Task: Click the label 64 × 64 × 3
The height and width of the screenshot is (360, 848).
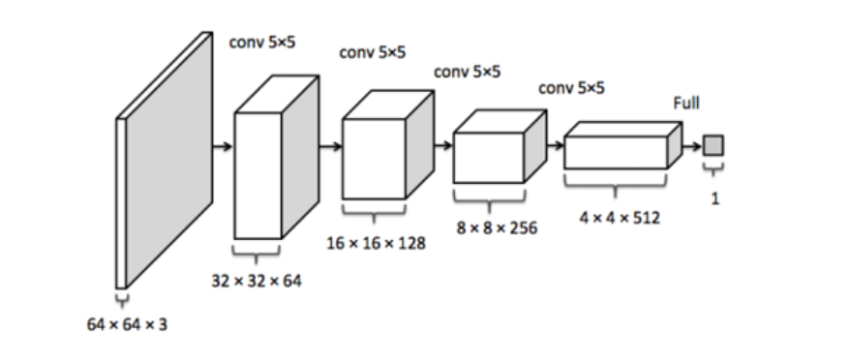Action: [127, 324]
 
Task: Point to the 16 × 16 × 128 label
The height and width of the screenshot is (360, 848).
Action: [375, 242]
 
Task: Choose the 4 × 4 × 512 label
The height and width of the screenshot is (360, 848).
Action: [620, 218]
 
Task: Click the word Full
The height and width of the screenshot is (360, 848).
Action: [686, 102]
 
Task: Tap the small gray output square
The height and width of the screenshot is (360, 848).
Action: [713, 146]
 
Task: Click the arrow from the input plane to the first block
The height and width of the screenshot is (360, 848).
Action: [223, 147]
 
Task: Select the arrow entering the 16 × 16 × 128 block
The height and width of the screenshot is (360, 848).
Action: [330, 147]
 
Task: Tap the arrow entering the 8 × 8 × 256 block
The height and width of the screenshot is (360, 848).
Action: [442, 147]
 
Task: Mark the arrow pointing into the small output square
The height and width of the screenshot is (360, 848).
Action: [691, 147]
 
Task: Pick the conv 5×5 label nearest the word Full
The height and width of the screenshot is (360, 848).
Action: [571, 88]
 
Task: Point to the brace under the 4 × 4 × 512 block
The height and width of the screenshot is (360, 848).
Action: [616, 183]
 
